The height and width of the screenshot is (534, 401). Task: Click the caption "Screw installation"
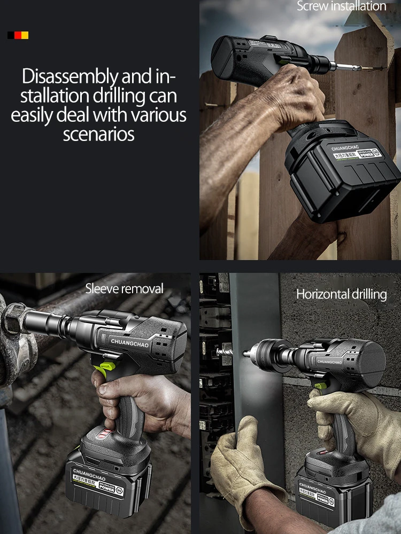pos(341,6)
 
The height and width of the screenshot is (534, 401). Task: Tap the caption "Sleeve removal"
pos(124,289)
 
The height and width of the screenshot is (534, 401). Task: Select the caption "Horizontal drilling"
pos(341,294)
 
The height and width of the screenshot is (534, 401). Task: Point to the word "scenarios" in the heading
pos(98,134)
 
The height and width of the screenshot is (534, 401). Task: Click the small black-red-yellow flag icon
pos(18,35)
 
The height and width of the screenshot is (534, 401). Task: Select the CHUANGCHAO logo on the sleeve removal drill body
pos(130,341)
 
